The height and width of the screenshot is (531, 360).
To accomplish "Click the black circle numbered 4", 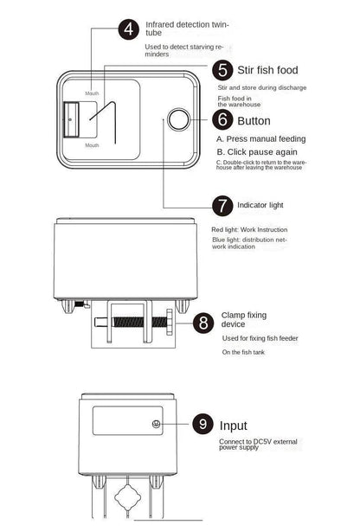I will (x=130, y=29).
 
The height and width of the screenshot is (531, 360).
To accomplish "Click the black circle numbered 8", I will (x=203, y=323).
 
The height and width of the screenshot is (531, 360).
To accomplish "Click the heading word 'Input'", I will (x=235, y=425).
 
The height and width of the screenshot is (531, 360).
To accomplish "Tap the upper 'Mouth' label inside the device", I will (x=92, y=93).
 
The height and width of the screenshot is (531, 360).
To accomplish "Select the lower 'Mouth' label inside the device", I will (x=92, y=145).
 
